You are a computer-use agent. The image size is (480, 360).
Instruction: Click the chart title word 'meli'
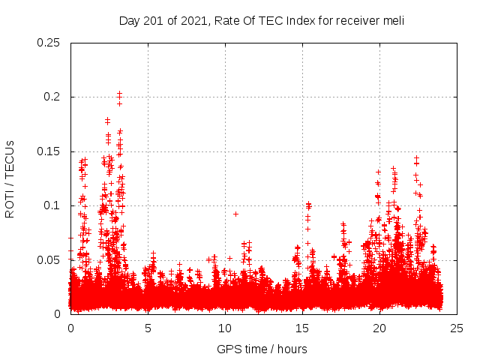tap(394, 21)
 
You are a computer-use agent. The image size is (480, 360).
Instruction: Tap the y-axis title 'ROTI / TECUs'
tap(10, 178)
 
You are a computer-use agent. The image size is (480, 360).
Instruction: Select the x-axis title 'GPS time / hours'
tap(262, 349)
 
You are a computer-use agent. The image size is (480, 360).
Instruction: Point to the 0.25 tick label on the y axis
tap(49, 43)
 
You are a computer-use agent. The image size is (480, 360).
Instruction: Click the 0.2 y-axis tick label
tap(54, 97)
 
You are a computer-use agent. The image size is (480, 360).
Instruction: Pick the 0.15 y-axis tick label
tap(49, 151)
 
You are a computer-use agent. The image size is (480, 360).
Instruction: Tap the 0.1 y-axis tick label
tap(54, 205)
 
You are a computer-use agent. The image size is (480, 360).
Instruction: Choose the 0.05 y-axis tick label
tap(49, 260)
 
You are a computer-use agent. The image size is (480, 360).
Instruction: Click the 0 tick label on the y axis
tap(59, 314)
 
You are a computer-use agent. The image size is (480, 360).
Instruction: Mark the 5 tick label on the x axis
tap(148, 328)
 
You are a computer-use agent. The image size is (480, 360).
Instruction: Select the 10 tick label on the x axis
tap(225, 328)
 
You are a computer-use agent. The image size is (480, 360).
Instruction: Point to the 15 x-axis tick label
tap(302, 328)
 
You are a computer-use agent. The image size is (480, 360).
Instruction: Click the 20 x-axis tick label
tap(379, 328)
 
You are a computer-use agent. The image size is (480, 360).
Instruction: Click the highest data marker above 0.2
tap(119, 94)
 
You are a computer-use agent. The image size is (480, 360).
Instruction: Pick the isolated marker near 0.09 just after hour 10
tap(235, 214)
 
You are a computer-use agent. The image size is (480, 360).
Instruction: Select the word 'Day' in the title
tap(129, 21)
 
